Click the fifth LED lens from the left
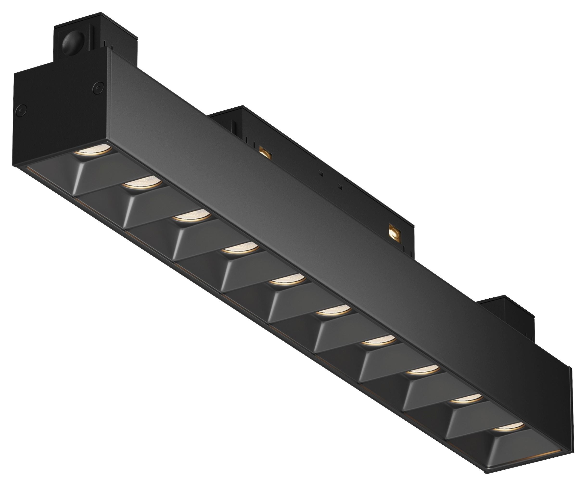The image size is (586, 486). (287, 279)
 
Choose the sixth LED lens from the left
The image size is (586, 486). (333, 310)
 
